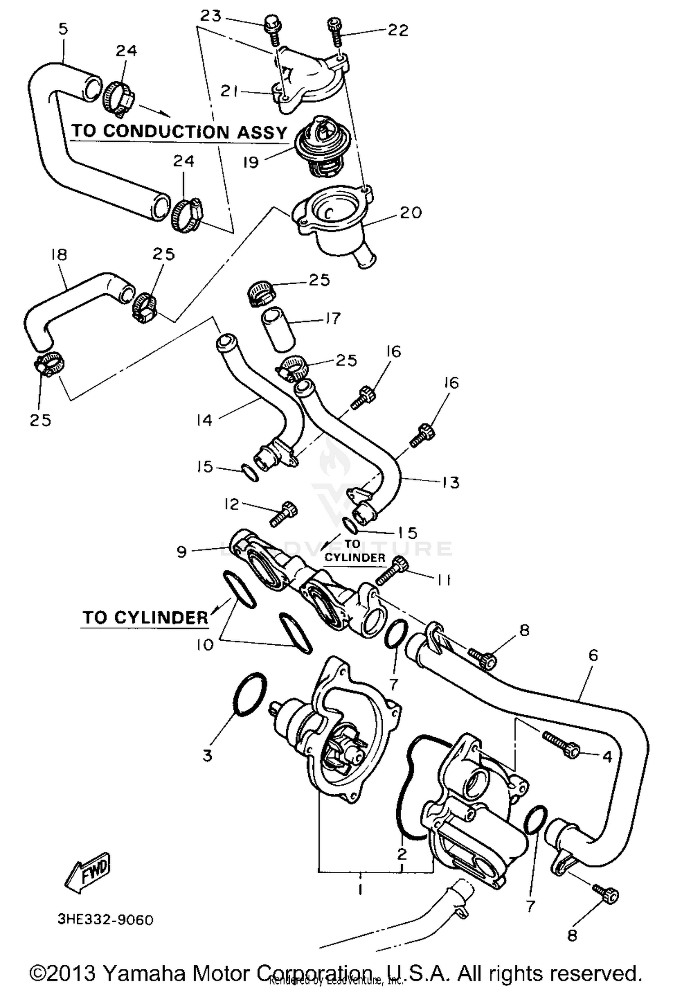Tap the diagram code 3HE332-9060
105,920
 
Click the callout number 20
410,212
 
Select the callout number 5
63,29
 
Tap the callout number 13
450,483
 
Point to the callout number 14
204,420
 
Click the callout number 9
182,551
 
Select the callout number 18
59,255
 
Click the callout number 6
593,656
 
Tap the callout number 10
205,645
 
